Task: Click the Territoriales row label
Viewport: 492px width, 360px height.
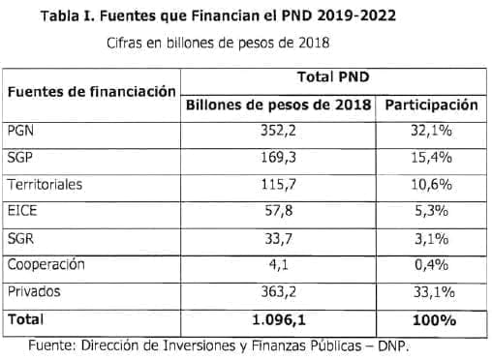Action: click(x=44, y=184)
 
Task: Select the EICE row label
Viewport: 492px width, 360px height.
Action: click(x=20, y=211)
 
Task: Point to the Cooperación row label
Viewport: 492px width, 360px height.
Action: click(x=46, y=263)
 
